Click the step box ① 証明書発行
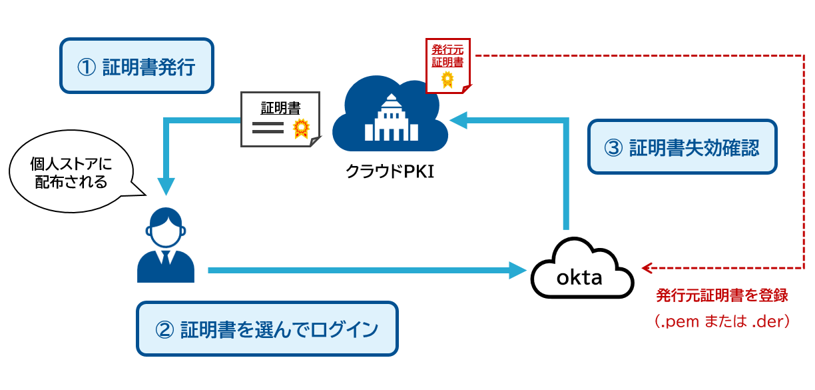(137, 66)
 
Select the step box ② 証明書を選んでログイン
(267, 329)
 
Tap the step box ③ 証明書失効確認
(683, 147)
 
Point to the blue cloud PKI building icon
(390, 113)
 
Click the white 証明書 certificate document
(280, 120)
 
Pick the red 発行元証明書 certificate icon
(447, 65)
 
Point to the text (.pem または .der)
(722, 321)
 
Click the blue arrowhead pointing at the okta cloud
(517, 270)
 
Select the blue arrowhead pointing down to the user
(165, 186)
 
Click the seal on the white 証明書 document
(302, 128)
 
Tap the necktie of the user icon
(165, 260)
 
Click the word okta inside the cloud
(579, 277)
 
